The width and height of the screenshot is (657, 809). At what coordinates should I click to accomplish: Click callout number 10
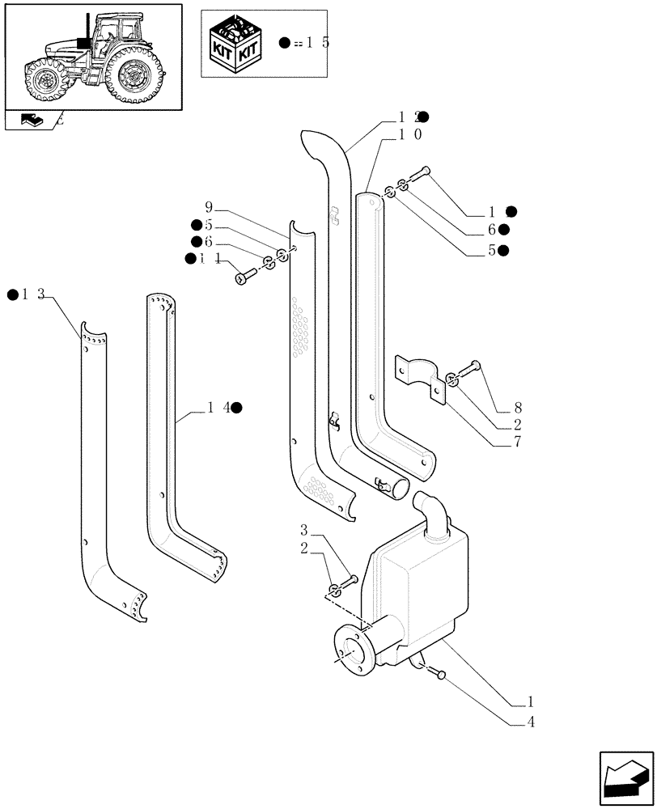(409, 135)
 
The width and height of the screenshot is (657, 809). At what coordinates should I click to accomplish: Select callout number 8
(517, 409)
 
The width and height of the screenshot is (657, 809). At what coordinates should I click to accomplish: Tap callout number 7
(517, 442)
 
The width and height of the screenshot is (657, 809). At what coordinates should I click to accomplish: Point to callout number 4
(530, 722)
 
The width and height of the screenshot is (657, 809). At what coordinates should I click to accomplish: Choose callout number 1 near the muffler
(530, 701)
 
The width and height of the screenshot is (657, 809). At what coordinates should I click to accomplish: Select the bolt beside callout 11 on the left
(244, 277)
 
